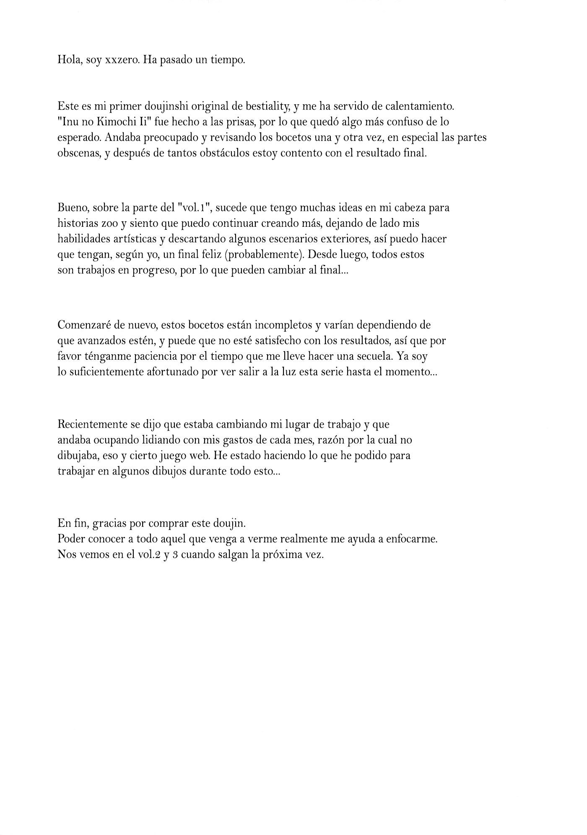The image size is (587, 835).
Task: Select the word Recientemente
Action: (x=91, y=424)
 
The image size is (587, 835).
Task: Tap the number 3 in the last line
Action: (x=176, y=555)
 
